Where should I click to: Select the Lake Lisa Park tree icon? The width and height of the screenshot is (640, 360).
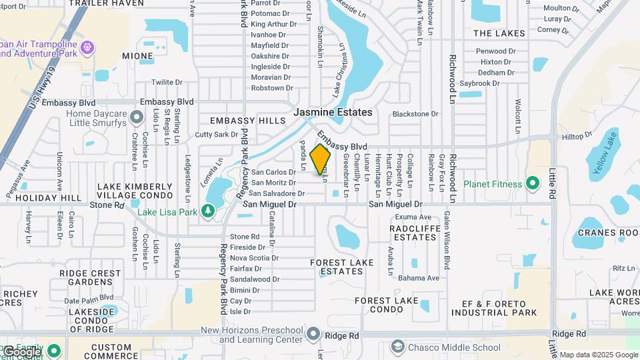[208, 211]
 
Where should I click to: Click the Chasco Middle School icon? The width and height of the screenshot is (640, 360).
[398, 347]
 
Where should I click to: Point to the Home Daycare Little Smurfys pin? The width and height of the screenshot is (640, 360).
[137, 118]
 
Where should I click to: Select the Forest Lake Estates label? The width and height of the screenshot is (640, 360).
[342, 267]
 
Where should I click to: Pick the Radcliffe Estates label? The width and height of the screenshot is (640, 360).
[413, 233]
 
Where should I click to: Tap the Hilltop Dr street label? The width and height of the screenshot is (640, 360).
[577, 135]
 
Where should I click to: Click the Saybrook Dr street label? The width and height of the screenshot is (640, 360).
[479, 83]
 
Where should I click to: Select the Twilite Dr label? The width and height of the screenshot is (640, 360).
[167, 82]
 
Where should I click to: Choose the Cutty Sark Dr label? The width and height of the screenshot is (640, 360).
[216, 134]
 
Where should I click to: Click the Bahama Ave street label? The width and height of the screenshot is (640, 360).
[419, 278]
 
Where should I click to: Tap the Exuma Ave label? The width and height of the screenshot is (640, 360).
[413, 217]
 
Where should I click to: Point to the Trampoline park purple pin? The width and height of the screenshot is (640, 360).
[87, 47]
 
